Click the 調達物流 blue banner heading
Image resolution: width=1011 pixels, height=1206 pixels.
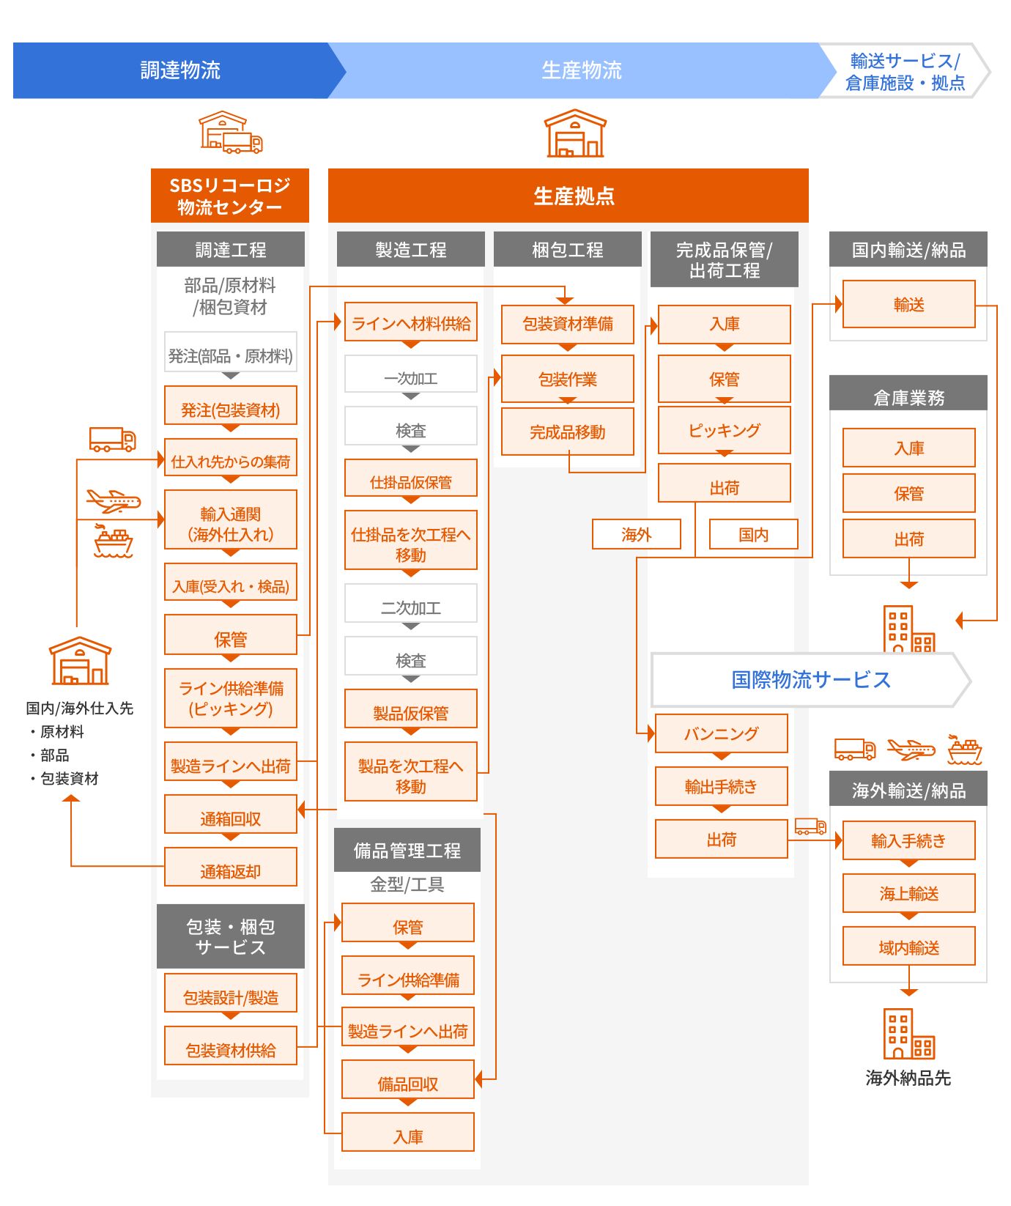pos(179,70)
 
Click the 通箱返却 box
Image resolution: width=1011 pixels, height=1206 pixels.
pos(231,870)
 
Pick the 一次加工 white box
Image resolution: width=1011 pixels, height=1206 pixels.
pos(411,377)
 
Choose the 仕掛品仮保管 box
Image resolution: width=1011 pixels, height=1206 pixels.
pos(411,481)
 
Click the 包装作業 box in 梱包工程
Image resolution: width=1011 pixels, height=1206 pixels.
pos(568,379)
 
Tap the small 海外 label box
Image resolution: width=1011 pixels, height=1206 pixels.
pos(636,534)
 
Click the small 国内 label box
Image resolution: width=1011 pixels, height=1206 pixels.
pos(753,534)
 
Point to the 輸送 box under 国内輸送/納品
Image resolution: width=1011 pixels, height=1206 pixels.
pos(908,304)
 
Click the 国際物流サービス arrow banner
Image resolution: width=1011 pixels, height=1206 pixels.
pos(810,679)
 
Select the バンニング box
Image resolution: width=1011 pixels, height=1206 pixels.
pos(721,733)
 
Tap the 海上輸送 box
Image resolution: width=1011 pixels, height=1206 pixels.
pos(908,893)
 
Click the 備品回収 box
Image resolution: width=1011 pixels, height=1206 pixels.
pos(408,1083)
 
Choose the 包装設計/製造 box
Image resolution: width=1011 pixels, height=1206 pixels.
pos(231,996)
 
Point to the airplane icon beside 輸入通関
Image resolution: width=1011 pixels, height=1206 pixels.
pos(113,501)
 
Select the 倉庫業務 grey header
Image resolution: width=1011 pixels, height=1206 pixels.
pos(908,396)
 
